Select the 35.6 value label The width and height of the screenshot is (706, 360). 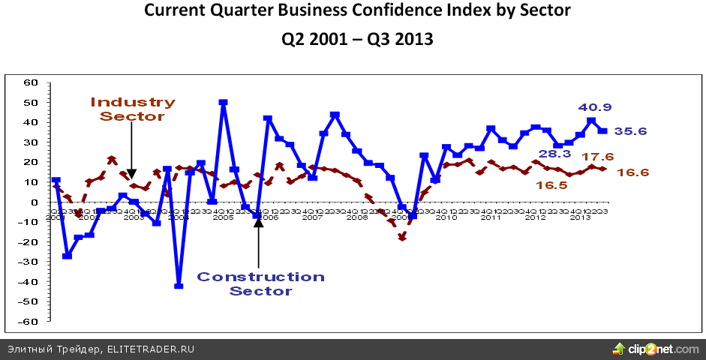click(x=631, y=131)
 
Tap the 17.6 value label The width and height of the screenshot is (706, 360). click(x=597, y=157)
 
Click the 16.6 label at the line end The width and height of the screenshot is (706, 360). click(x=632, y=173)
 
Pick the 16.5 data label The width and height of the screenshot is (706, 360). click(x=551, y=185)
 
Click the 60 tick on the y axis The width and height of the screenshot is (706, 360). click(x=31, y=82)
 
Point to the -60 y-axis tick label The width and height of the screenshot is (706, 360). click(x=29, y=321)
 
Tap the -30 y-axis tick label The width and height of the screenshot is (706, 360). click(x=29, y=262)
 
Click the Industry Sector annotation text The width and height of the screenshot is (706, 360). click(x=133, y=109)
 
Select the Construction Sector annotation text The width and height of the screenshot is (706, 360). click(x=260, y=283)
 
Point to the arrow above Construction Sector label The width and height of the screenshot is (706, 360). click(x=257, y=240)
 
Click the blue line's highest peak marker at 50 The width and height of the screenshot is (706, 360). click(x=223, y=103)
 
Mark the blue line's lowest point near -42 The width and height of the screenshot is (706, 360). click(x=179, y=286)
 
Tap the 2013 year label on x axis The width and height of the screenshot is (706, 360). click(x=580, y=217)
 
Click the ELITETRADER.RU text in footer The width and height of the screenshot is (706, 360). click(x=151, y=349)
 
